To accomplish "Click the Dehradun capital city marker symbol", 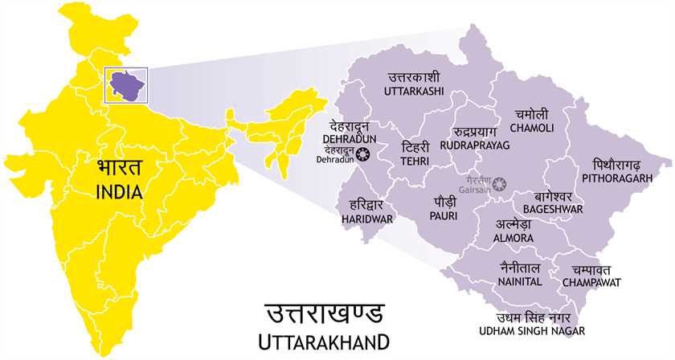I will click(363, 154).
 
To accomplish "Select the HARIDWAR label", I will click(366, 218).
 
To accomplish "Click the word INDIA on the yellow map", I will click(118, 193).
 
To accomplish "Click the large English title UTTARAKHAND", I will click(325, 341).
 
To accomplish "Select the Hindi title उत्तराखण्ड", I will click(325, 312).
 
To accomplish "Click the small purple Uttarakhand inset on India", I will click(125, 81).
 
